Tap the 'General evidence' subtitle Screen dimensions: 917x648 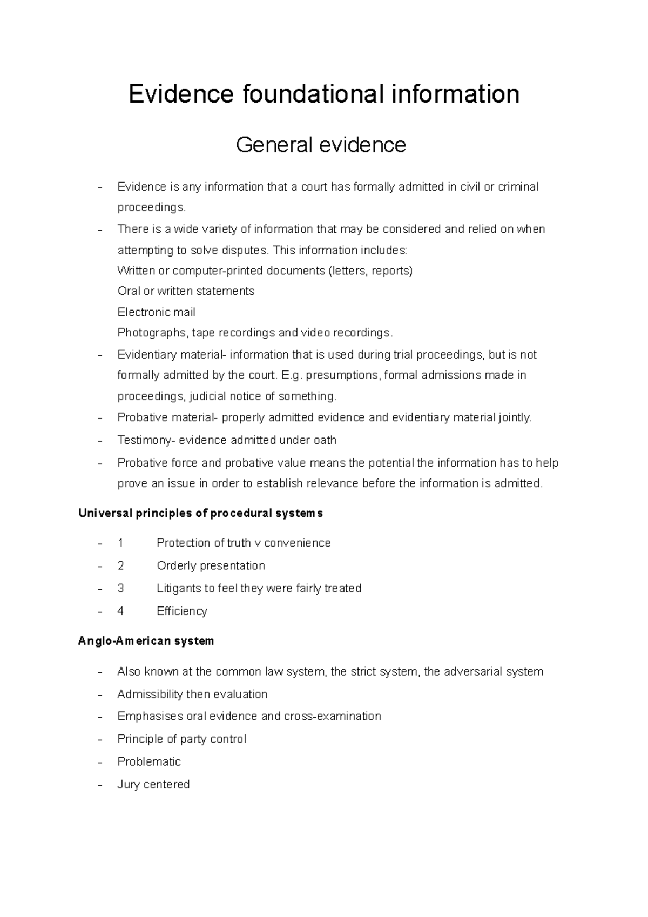pos(321,145)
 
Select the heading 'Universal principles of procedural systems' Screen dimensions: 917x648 pos(200,513)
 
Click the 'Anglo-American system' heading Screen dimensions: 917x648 pos(146,641)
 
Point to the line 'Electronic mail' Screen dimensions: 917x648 pos(156,312)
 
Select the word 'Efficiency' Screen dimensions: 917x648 pos(181,611)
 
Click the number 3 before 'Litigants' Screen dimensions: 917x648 pos(120,588)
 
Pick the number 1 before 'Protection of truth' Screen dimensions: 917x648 pos(120,543)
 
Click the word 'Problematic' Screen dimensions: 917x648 pos(149,761)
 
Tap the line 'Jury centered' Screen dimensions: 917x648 pos(153,784)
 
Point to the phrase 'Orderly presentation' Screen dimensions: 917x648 pos(211,565)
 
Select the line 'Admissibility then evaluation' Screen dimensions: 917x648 pos(192,694)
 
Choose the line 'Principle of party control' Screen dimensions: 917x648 pos(181,739)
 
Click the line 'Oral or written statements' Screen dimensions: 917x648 pos(186,291)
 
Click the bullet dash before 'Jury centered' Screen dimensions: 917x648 pos(100,785)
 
